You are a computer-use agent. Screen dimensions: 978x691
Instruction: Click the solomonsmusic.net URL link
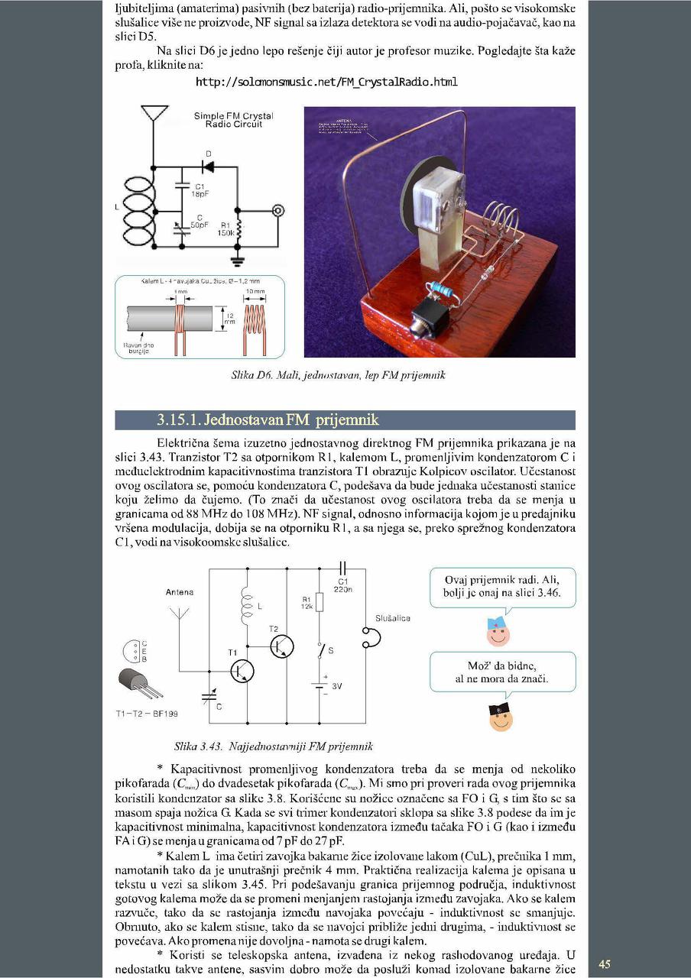[x=326, y=83]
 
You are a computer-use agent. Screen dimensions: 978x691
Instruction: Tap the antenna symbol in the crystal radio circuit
[x=154, y=113]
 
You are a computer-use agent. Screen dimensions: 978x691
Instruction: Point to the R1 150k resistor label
[x=226, y=229]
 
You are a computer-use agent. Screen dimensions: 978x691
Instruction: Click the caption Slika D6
[x=337, y=375]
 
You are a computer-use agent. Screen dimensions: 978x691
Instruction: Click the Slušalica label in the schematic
[x=393, y=617]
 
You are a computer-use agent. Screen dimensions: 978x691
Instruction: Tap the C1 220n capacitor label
[x=343, y=585]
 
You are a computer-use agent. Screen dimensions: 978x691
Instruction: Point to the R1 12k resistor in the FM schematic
[x=320, y=604]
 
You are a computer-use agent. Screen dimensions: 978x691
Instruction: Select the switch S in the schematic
[x=320, y=651]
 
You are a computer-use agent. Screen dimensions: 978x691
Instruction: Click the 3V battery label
[x=336, y=685]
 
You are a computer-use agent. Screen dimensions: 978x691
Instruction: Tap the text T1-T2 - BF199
[x=148, y=714]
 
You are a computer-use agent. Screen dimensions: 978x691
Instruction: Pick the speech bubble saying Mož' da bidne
[x=501, y=672]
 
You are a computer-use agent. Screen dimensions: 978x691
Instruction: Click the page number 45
[x=604, y=964]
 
